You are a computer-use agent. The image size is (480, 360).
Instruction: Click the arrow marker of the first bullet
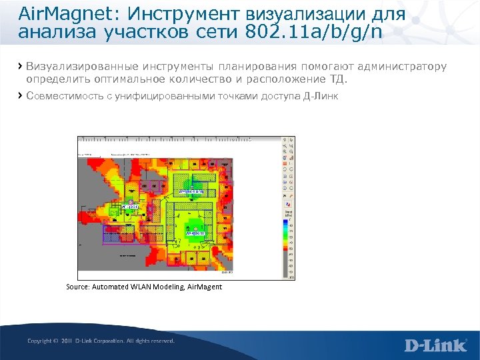[x=20, y=66]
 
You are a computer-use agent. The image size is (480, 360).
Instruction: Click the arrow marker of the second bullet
[x=20, y=96]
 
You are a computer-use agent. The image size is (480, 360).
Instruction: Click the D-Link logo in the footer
[x=435, y=345]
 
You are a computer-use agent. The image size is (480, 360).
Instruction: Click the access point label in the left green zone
[x=129, y=207]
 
